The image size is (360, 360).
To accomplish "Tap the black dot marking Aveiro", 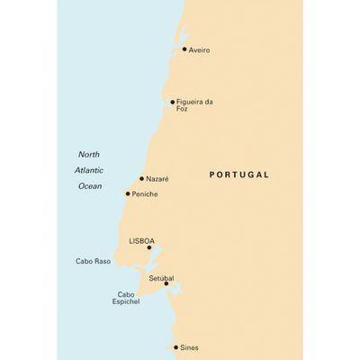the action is [x=184, y=49].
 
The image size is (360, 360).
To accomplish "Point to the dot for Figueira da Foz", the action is [x=173, y=102].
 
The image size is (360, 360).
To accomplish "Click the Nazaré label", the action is [x=157, y=179].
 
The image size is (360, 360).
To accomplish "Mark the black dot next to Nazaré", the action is [x=141, y=178].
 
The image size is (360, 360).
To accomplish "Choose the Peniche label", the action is [x=146, y=193].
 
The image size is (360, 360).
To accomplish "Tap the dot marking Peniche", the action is [x=128, y=193].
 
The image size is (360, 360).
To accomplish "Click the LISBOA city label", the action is [x=142, y=241].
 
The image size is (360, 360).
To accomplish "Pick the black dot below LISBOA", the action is [x=149, y=247].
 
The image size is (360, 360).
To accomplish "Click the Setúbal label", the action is [x=161, y=279].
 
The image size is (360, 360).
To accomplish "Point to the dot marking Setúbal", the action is [x=166, y=283].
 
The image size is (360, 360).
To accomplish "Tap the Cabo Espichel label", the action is [x=126, y=298].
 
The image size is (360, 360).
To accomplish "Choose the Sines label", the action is [x=189, y=346].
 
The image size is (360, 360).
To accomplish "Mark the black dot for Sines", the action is [x=175, y=346].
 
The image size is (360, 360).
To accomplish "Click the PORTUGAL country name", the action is [x=238, y=175].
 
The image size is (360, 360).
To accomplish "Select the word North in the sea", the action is [x=89, y=154].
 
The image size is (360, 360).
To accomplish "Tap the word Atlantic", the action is [x=89, y=170].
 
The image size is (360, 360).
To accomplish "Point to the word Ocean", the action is [x=89, y=186].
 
